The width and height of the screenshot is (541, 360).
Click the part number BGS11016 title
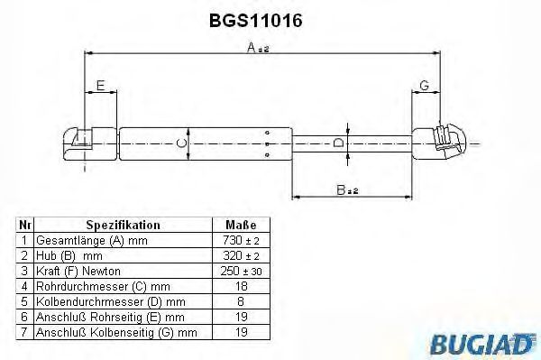coord(256,21)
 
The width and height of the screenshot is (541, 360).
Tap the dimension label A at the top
coord(258,47)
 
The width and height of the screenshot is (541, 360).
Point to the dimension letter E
coord(100,85)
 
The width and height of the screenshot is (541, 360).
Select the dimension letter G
coord(424,85)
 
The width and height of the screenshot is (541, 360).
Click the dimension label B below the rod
coord(347,189)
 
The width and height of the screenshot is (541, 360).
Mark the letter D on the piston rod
coord(339,143)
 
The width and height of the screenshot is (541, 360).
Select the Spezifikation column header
coord(124,225)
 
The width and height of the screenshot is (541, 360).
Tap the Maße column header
coord(241,225)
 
